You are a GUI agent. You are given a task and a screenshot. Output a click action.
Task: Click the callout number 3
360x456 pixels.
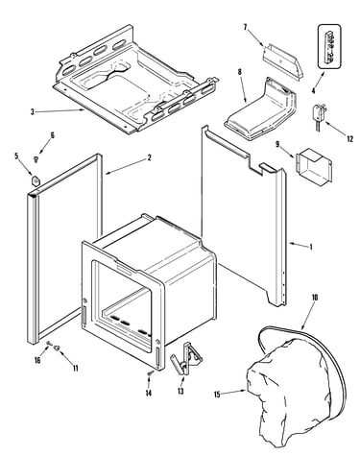pos(32,111)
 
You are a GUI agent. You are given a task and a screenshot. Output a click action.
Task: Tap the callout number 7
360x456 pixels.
pos(246,27)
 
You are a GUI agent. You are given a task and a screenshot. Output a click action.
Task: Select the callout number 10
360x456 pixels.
pos(315,298)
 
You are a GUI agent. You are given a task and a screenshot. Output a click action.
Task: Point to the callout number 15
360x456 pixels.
pos(217,395)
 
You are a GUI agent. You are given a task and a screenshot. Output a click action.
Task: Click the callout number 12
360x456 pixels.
pos(350,139)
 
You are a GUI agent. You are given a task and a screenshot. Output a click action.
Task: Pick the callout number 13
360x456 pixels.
pos(180,391)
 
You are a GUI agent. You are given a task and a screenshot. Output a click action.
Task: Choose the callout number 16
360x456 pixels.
pos(37,360)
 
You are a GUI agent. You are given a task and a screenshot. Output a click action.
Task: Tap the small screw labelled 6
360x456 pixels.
pos(36,158)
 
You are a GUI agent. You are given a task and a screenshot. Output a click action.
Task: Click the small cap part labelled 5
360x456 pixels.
pos(36,180)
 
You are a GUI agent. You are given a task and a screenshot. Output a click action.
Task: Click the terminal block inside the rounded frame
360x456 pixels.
pos(329,46)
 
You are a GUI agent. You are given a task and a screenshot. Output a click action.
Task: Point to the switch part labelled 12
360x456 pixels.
pos(318,117)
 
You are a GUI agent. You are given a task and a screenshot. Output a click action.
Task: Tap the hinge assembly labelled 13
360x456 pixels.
pos(186,358)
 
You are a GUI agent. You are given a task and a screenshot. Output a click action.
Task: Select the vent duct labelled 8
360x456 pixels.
pos(261,108)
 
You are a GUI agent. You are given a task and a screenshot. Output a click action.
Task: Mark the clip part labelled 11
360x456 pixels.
pos(58,348)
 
